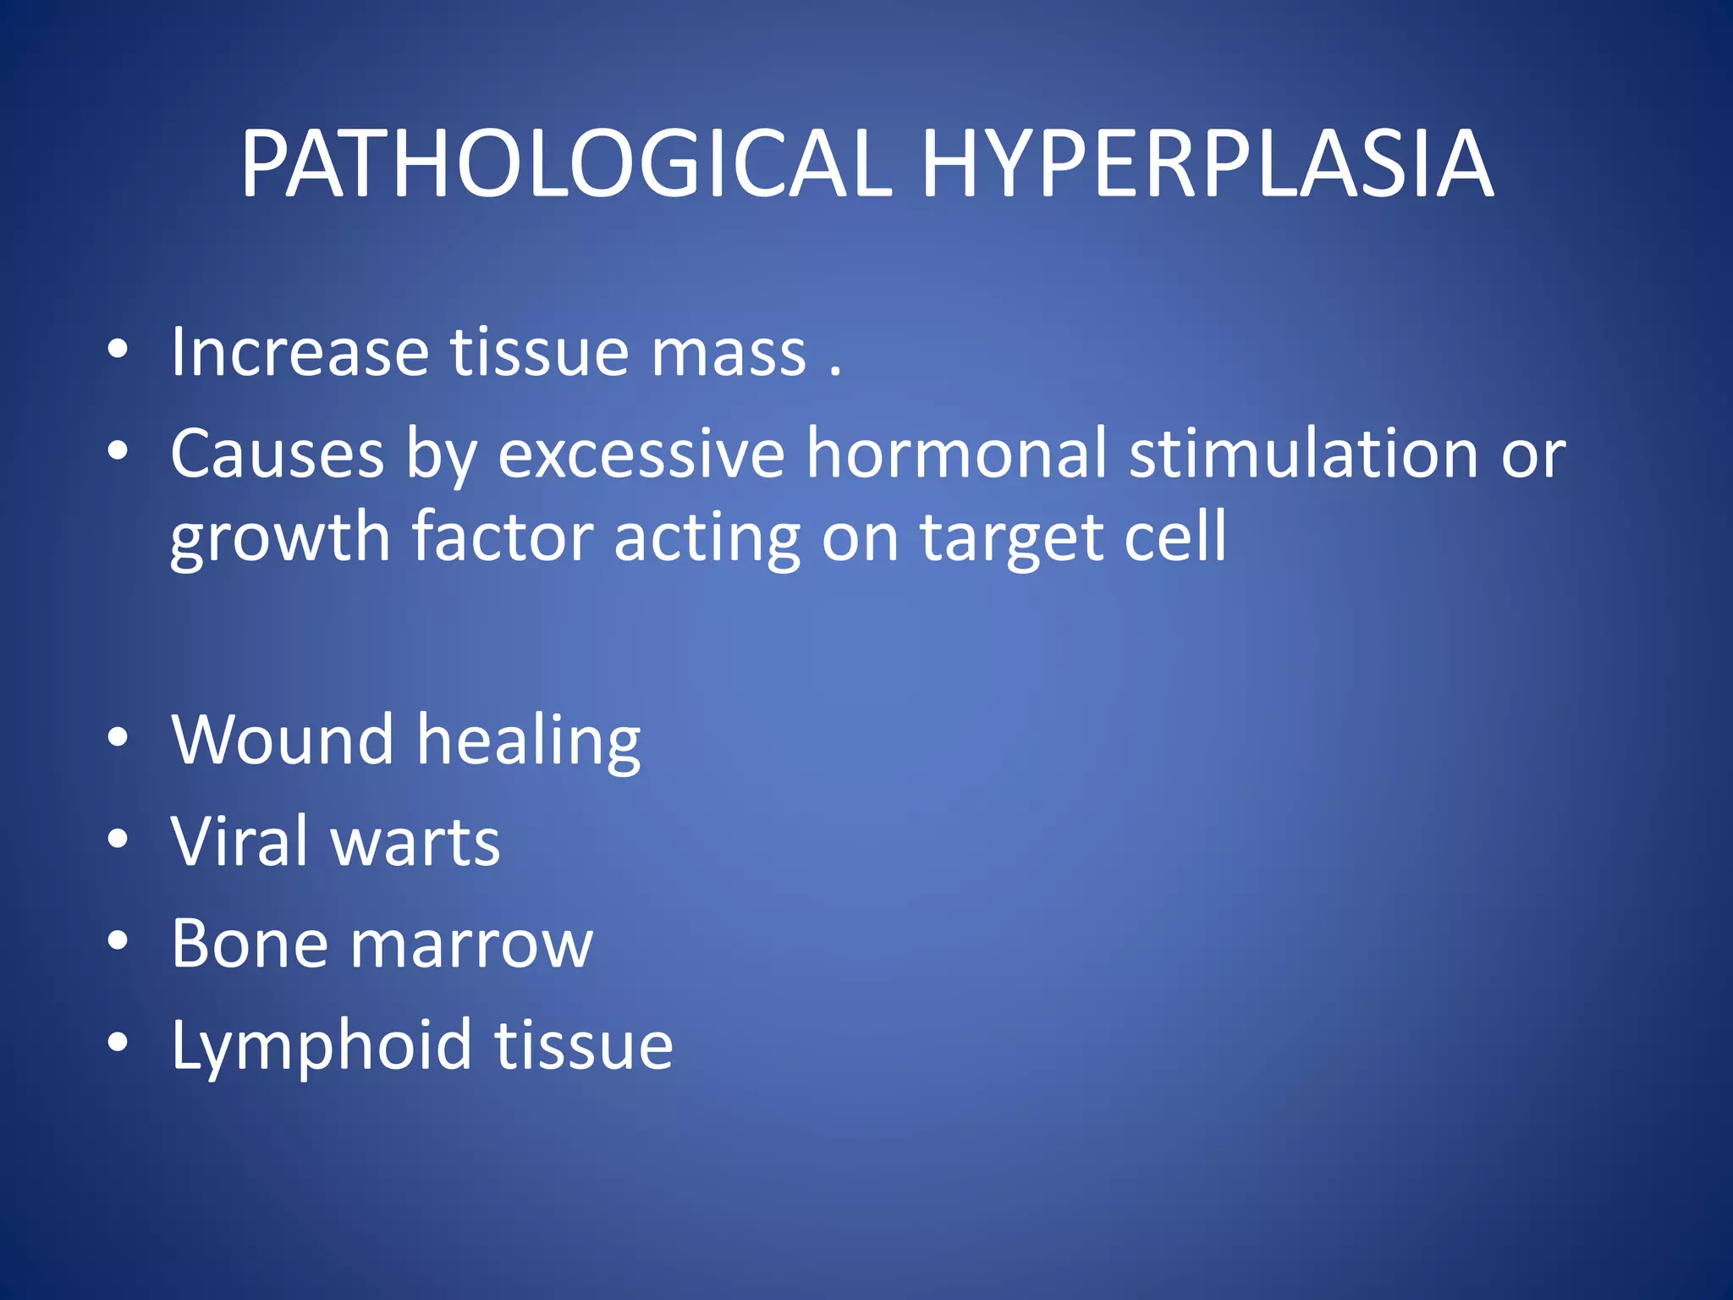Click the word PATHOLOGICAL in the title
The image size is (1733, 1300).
(566, 164)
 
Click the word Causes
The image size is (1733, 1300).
(278, 454)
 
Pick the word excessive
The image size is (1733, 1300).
(641, 454)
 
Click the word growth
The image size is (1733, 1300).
(280, 538)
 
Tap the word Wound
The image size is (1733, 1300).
(283, 740)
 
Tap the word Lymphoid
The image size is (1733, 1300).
(321, 1046)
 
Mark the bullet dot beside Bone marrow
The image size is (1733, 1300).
(118, 941)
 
